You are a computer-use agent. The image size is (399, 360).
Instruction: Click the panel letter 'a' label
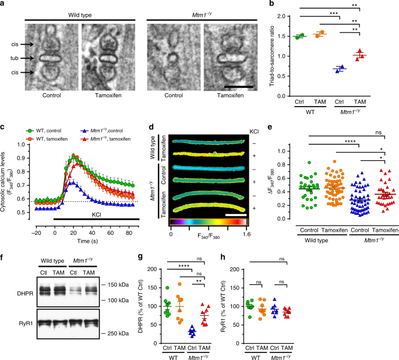point(4,5)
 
